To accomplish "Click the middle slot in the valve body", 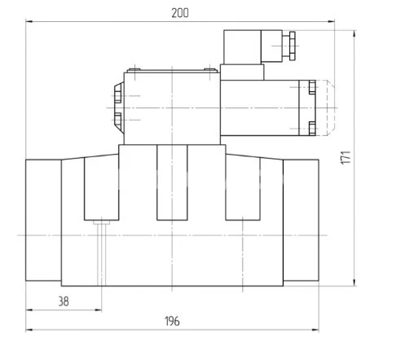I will (x=172, y=183).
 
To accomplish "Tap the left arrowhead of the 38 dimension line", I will (x=29, y=310).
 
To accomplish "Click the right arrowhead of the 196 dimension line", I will (x=316, y=330).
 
